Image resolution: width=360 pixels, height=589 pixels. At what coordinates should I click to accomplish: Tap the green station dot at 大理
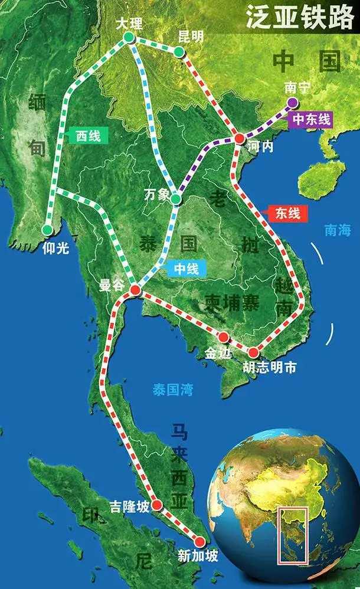(x=129, y=38)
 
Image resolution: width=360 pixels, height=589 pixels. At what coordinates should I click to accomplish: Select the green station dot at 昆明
(x=178, y=53)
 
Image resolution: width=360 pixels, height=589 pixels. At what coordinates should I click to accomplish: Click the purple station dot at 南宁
(x=292, y=103)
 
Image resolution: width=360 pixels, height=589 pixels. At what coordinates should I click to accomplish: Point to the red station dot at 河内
(x=239, y=138)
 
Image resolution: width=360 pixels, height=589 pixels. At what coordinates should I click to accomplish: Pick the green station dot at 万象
(x=175, y=199)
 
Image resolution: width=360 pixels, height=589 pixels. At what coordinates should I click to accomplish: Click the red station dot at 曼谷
(x=135, y=290)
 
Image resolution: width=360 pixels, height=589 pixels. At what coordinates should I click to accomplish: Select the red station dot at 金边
(x=224, y=337)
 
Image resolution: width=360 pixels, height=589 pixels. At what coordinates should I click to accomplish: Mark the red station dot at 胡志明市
(x=253, y=352)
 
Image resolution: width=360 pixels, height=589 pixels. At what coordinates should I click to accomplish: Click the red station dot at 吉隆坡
(x=157, y=505)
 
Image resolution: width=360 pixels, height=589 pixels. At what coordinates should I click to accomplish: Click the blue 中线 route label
(x=186, y=269)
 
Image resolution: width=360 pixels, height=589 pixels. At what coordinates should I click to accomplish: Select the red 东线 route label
(x=287, y=213)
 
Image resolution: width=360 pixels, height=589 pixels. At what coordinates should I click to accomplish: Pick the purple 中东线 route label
(x=310, y=119)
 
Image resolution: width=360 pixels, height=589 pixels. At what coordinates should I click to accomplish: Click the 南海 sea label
(x=338, y=230)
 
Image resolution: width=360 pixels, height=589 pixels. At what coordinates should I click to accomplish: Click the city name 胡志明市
(x=269, y=368)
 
